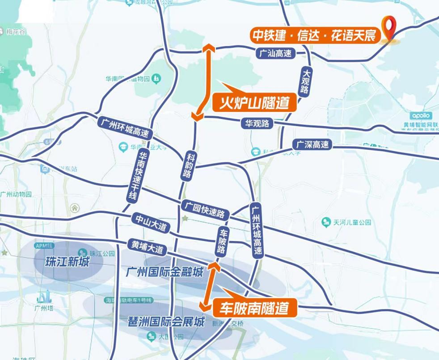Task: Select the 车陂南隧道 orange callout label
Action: (x=253, y=308)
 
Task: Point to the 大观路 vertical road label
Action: (x=306, y=80)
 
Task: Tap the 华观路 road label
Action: (x=257, y=123)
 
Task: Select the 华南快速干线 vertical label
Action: (x=136, y=176)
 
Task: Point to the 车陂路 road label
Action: (x=223, y=241)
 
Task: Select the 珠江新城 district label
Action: (x=68, y=262)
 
